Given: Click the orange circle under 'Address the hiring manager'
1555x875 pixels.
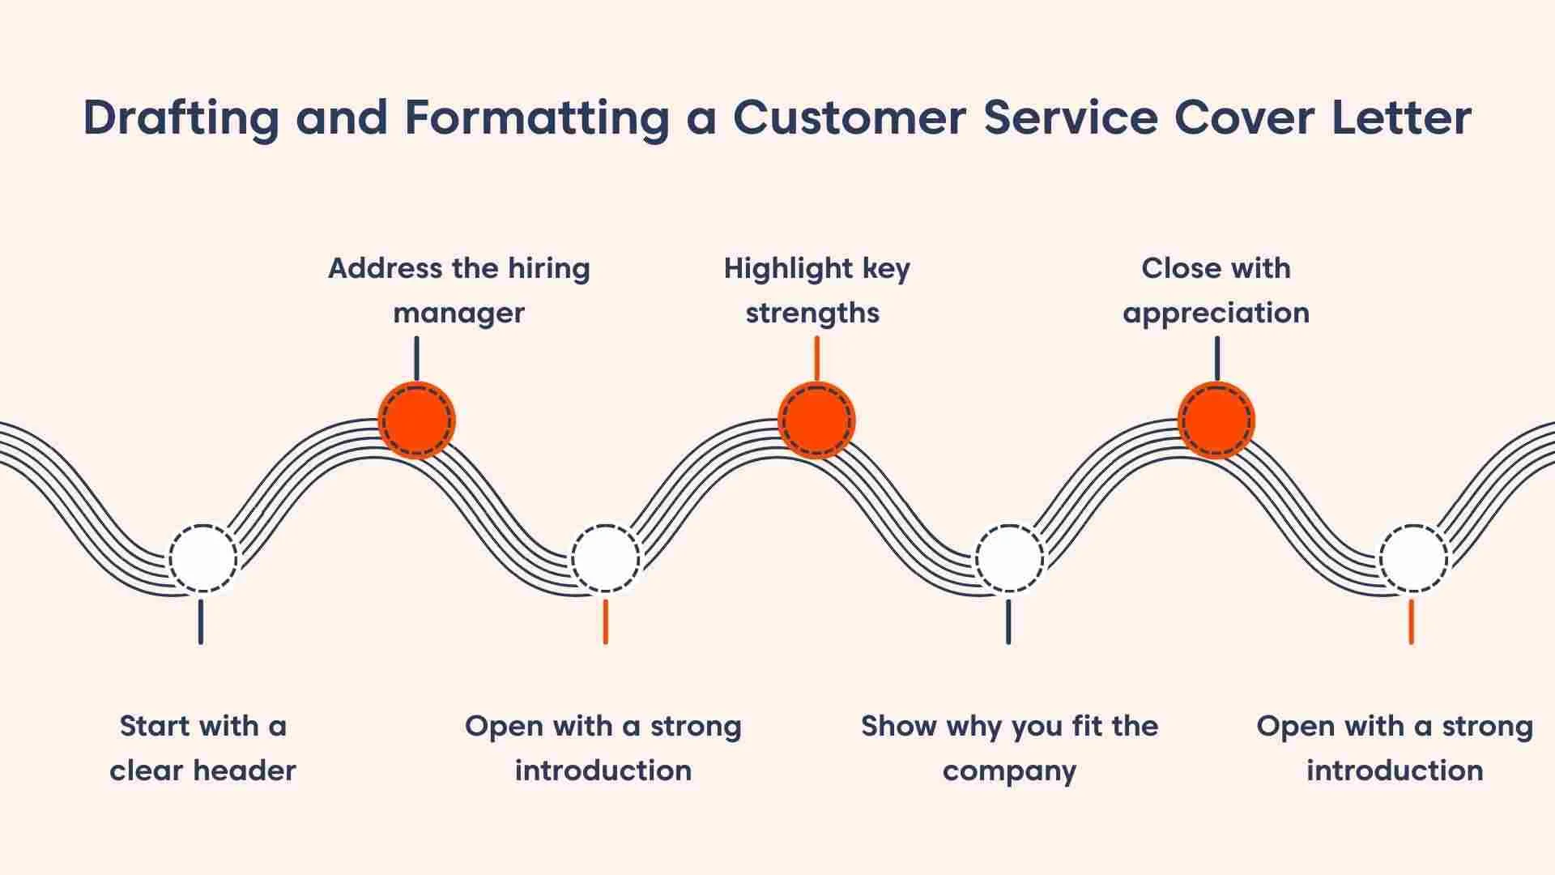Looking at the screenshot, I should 417,420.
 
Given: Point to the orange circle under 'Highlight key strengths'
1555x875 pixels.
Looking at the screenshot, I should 816,420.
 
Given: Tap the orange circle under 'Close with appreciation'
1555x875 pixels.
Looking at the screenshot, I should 1216,420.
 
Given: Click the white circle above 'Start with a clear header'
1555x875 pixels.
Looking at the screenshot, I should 202,559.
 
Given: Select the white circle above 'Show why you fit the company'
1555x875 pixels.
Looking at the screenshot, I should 1008,559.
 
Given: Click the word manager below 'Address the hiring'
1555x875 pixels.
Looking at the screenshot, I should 458,314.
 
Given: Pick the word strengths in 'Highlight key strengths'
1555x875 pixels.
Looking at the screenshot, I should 812,314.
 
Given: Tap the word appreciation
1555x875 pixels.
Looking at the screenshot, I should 1216,314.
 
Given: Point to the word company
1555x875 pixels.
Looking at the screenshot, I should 1009,770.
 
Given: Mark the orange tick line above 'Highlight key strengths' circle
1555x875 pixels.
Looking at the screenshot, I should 816,359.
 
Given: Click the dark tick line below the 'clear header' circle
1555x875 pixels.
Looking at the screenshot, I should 201,621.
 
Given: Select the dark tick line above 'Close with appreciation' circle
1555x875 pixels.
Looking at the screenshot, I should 1216,359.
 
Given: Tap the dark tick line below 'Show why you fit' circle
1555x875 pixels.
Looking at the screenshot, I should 1008,621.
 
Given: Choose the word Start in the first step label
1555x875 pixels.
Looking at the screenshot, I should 154,726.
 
